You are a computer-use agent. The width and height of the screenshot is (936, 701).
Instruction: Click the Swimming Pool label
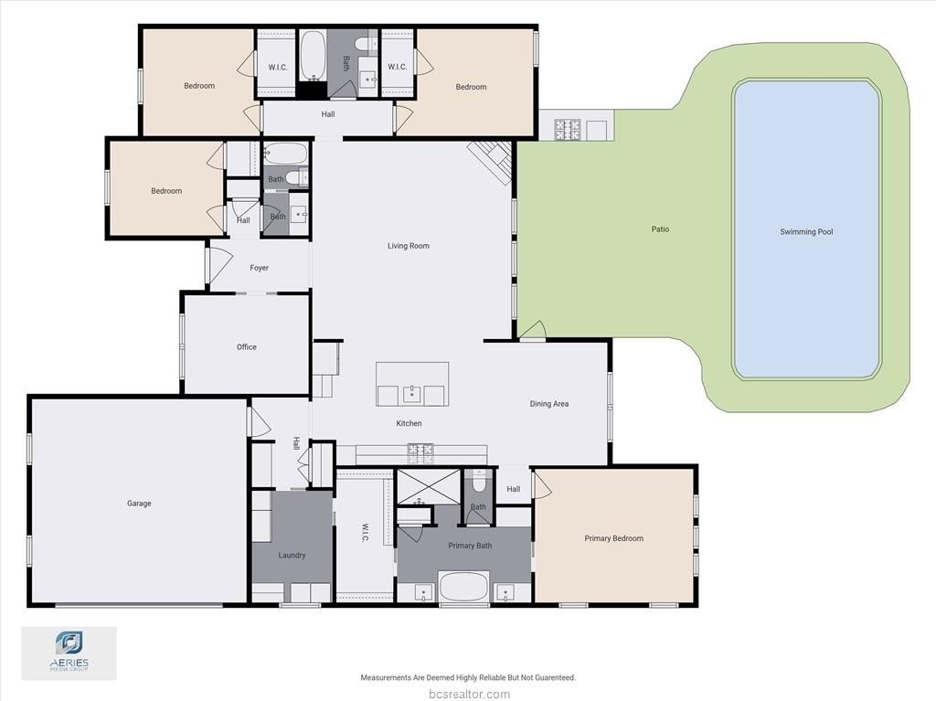[x=806, y=231]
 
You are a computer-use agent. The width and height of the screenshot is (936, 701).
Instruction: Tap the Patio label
[x=660, y=229]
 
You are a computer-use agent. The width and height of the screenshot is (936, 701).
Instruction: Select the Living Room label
[x=409, y=246]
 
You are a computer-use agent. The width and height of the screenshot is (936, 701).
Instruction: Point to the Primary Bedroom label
[x=613, y=538]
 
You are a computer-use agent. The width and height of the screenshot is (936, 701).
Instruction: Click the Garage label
[x=139, y=504]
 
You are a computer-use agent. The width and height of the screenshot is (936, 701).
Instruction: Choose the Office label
[x=247, y=347]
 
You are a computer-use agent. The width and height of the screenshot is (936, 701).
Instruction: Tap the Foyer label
[x=259, y=268]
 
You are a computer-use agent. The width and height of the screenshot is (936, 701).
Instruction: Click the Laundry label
[x=292, y=555]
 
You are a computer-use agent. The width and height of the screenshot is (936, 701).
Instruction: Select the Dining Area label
[x=549, y=404]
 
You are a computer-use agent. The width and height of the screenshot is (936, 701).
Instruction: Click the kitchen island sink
[x=412, y=395]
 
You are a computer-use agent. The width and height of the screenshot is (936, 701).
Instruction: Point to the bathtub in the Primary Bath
[x=463, y=587]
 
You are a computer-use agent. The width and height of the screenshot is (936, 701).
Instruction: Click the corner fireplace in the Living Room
[x=491, y=160]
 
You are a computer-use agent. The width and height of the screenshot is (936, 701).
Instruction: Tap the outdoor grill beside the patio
[x=567, y=130]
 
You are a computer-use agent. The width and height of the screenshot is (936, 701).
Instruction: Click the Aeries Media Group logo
[x=69, y=653]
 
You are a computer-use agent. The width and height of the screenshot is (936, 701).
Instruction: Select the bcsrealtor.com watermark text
[x=470, y=694]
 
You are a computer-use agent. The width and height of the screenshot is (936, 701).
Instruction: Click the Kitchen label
[x=409, y=423]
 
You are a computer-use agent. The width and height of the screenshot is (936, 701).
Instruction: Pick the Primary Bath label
[x=470, y=545]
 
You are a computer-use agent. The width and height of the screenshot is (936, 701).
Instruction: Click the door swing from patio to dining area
[x=533, y=331]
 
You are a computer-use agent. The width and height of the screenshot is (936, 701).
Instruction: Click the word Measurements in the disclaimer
[x=386, y=678]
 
